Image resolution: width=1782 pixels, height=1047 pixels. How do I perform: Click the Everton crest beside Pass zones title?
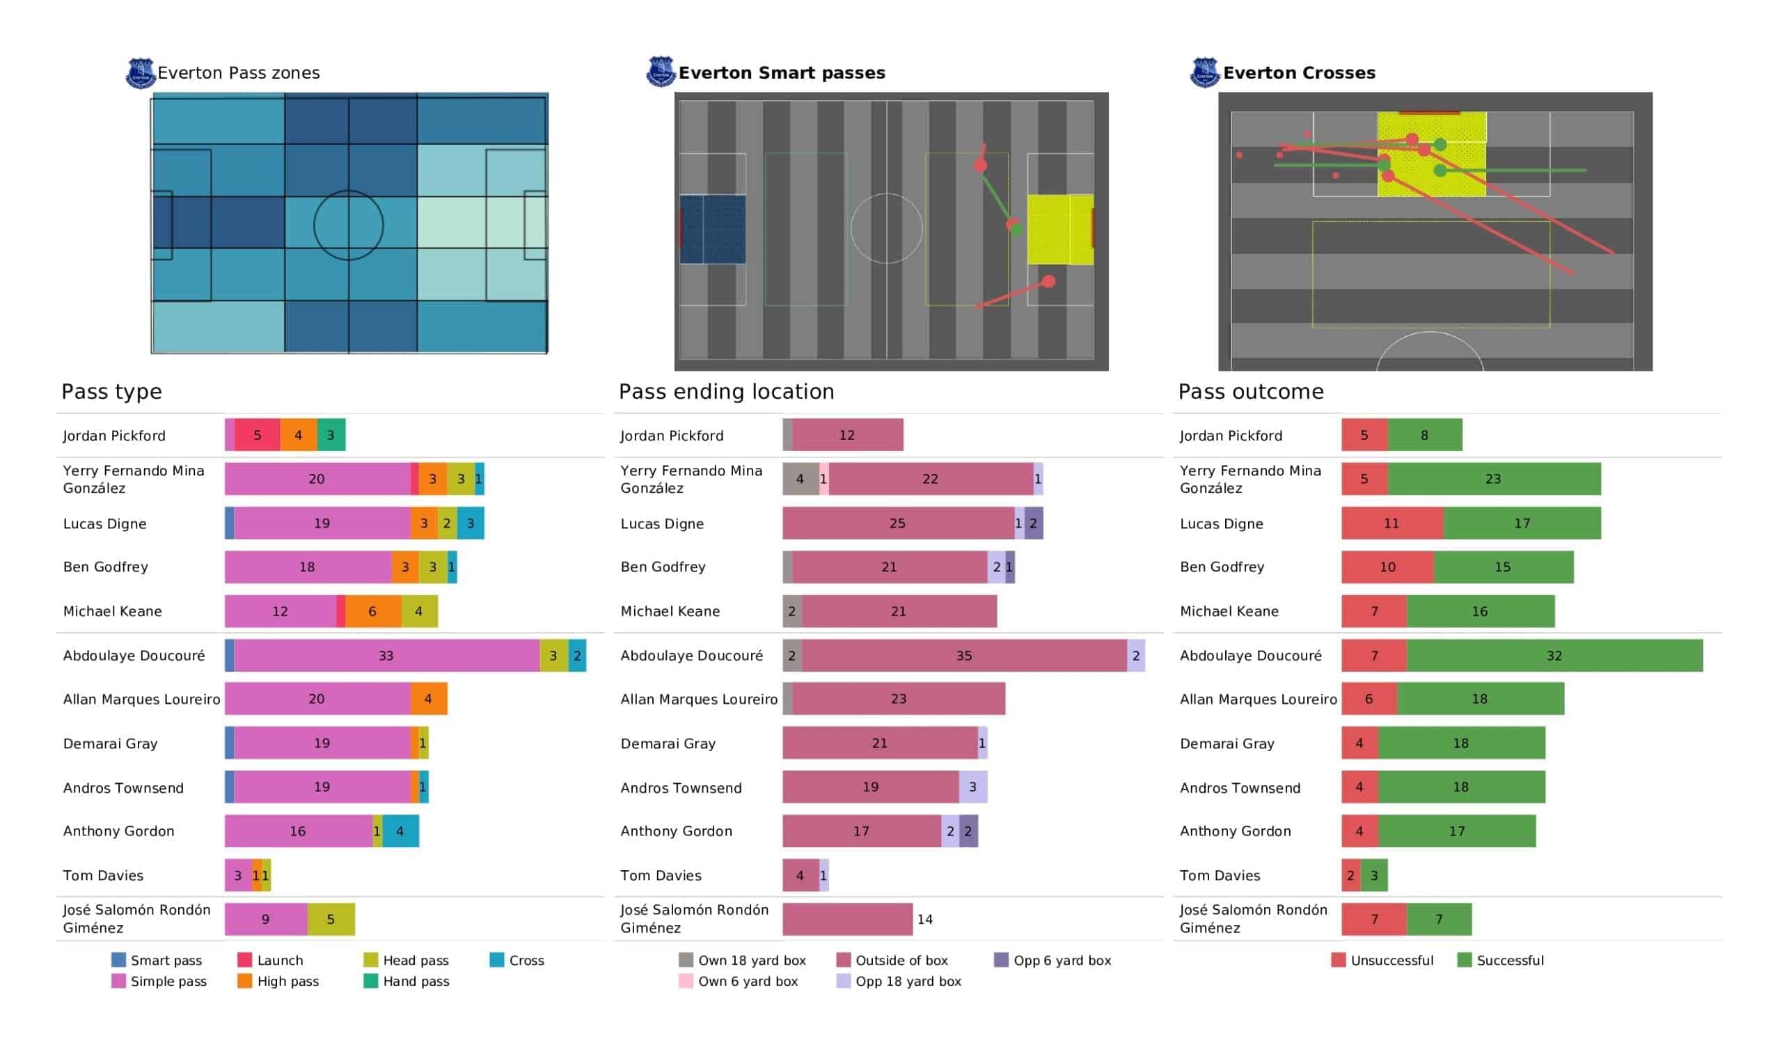click(x=141, y=73)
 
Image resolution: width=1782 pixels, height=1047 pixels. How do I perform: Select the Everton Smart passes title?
click(x=782, y=73)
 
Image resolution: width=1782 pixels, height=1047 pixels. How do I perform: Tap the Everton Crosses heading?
click(x=1299, y=73)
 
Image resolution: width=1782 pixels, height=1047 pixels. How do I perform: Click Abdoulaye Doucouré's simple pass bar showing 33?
click(x=387, y=656)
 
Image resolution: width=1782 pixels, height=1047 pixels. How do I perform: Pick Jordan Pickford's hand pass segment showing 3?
click(x=331, y=435)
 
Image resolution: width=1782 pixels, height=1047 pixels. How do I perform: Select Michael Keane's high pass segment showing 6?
click(x=373, y=611)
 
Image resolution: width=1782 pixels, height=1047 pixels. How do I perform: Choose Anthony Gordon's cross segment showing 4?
click(x=400, y=831)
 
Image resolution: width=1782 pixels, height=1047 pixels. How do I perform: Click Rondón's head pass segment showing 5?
click(x=331, y=919)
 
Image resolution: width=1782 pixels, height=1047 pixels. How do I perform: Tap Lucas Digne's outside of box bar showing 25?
click(x=898, y=523)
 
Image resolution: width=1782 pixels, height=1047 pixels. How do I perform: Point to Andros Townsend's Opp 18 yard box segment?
click(x=973, y=787)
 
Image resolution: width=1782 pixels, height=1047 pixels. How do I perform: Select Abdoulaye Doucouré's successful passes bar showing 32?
click(x=1554, y=656)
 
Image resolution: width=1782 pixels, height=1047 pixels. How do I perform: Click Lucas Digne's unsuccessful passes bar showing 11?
click(x=1392, y=523)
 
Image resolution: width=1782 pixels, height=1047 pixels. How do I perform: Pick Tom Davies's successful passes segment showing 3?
click(x=1374, y=875)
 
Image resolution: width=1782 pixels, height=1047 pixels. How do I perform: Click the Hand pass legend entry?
click(x=407, y=981)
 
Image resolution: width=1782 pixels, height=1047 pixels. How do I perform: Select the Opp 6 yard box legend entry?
click(x=1053, y=960)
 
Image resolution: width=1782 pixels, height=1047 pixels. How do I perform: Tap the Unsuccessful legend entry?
click(x=1382, y=960)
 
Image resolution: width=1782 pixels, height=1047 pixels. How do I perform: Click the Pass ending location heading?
click(x=726, y=391)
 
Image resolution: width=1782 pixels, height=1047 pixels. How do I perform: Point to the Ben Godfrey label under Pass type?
click(x=105, y=567)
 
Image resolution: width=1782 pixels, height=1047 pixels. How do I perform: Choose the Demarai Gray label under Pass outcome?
click(x=1227, y=743)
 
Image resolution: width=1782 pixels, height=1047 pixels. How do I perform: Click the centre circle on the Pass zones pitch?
click(x=349, y=191)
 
